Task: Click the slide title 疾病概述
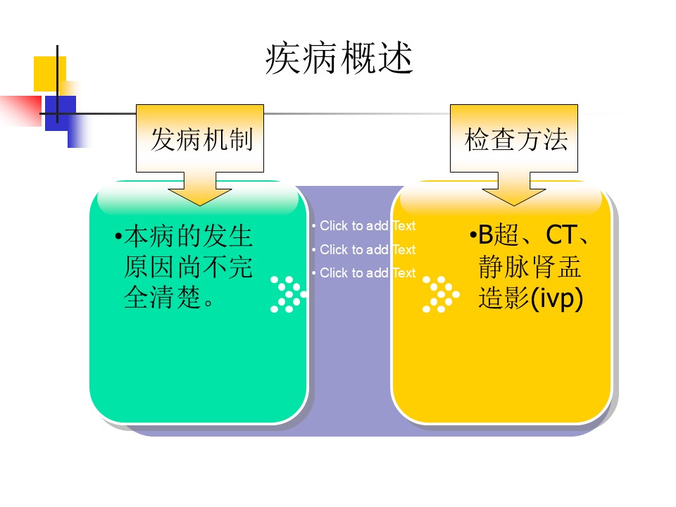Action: point(339,58)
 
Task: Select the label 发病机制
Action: point(201,139)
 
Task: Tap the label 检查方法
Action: point(515,139)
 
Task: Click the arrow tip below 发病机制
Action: point(200,205)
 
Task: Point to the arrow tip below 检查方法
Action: point(514,205)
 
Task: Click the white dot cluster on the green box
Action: point(288,294)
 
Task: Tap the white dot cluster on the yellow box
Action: point(441,294)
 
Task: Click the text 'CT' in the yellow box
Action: point(560,235)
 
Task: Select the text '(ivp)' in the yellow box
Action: point(556,299)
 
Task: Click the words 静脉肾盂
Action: point(530,267)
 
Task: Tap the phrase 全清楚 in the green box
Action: point(163,297)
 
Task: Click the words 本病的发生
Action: point(188,236)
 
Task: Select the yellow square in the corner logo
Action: point(50,74)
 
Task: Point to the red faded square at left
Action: point(20,111)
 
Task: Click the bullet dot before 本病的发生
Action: point(118,236)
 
